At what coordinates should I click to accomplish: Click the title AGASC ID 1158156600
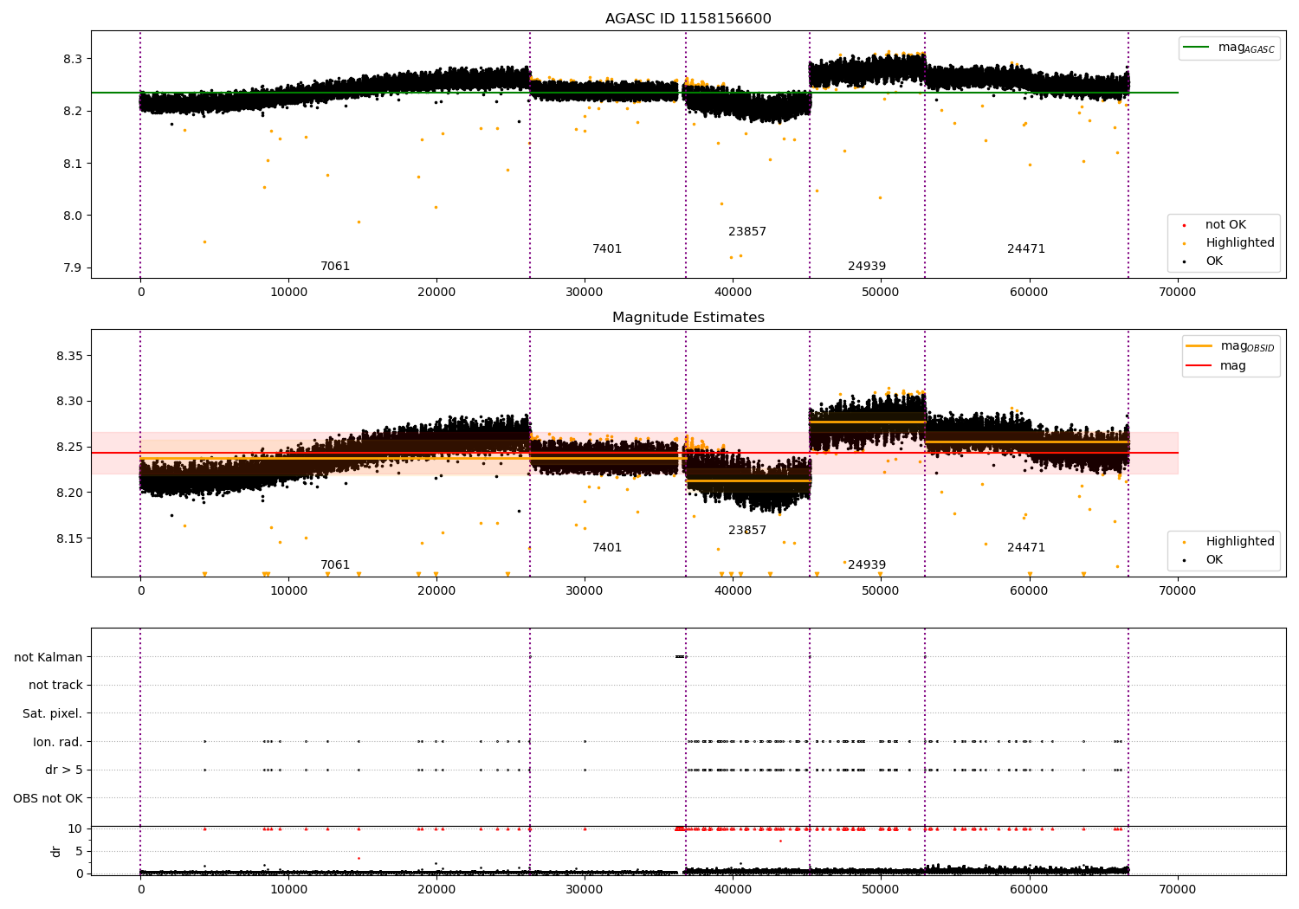coord(688,19)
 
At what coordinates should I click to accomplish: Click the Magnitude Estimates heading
coord(688,318)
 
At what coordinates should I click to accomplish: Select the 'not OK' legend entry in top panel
coord(1225,225)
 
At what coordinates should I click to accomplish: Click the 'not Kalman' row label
coord(48,657)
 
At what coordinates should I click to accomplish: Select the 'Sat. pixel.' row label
coord(52,713)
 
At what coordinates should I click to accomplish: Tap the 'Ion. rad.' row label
coord(57,742)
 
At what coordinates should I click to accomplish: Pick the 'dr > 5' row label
coord(63,770)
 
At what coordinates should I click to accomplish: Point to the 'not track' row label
coord(55,685)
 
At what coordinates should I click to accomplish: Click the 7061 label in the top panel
coord(335,267)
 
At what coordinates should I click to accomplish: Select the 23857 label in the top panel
coord(746,232)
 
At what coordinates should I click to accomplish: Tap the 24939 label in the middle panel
coord(866,565)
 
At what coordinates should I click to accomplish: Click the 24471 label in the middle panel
coord(1025,548)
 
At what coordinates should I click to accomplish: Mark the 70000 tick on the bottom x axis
coord(1178,888)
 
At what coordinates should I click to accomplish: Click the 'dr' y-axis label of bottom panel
coord(56,851)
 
